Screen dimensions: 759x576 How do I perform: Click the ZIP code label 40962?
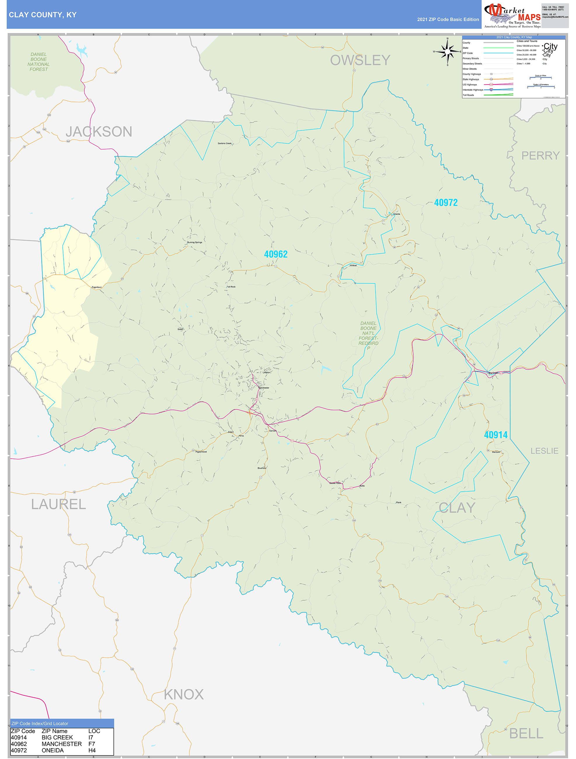(275, 254)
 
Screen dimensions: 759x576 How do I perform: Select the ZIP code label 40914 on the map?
(495, 435)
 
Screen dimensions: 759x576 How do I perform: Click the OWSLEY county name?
(360, 60)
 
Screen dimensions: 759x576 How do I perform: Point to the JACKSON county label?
(99, 132)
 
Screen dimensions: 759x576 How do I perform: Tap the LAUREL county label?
(58, 504)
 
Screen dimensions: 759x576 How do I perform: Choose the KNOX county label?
(184, 694)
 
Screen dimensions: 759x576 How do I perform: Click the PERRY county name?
(540, 156)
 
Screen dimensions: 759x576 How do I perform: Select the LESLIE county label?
(544, 451)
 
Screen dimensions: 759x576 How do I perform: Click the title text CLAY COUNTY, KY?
(43, 15)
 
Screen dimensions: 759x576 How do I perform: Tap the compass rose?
(447, 51)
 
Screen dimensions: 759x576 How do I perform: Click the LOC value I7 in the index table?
(91, 737)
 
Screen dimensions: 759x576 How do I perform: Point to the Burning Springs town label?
(195, 242)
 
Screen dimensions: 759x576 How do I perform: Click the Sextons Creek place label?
(224, 143)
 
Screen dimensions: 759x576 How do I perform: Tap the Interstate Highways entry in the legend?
(473, 90)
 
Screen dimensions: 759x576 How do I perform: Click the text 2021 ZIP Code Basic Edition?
(448, 20)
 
